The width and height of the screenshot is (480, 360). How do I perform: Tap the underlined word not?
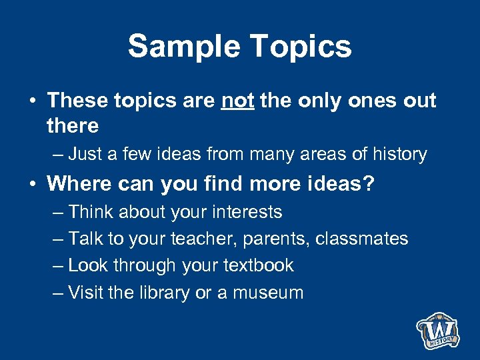(237, 101)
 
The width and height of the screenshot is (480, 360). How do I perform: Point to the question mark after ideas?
(369, 183)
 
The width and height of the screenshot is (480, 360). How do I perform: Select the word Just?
(85, 155)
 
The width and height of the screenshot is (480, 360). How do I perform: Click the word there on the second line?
(73, 125)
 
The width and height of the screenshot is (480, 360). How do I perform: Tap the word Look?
(89, 265)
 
